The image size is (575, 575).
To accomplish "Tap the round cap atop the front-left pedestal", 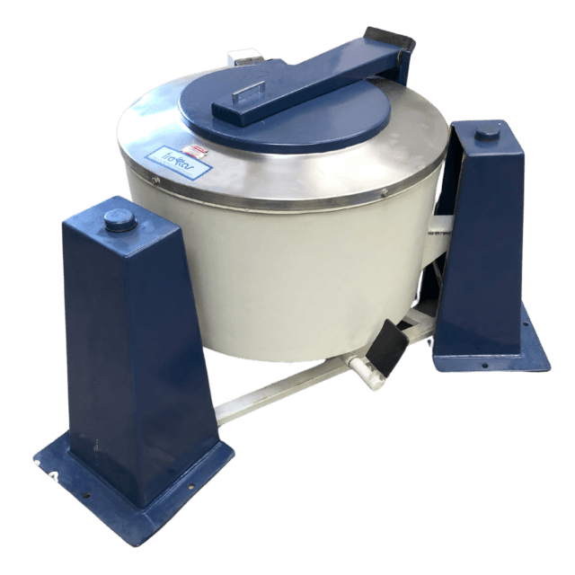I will pyautogui.click(x=119, y=218).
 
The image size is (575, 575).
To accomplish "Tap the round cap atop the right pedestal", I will pyautogui.click(x=488, y=134).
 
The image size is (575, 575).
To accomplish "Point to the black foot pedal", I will pyautogui.click(x=384, y=346).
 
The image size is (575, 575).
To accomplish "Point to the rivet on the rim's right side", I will pyautogui.click(x=385, y=192).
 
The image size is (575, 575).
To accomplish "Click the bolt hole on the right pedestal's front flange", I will pyautogui.click(x=485, y=365).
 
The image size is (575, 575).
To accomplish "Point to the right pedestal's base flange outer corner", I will pyautogui.click(x=545, y=366).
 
